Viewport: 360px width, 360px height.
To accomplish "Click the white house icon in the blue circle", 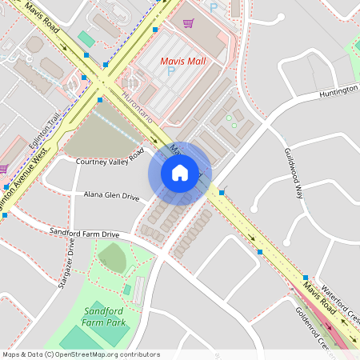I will [x=180, y=173].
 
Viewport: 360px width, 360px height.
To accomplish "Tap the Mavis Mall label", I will [x=183, y=60].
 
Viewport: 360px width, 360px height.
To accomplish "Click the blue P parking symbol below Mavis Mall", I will [x=170, y=72].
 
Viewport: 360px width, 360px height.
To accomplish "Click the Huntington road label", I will [x=338, y=92].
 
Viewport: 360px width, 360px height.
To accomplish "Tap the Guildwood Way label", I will [x=294, y=173].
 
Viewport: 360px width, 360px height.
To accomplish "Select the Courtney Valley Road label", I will [x=110, y=158].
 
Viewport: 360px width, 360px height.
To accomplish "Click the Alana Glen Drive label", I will [x=111, y=195].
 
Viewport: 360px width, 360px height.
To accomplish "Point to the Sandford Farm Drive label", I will [x=84, y=233].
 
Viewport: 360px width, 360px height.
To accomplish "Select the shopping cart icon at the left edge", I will [x=3, y=169].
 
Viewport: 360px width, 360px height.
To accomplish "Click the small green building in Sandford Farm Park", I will [x=127, y=290].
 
